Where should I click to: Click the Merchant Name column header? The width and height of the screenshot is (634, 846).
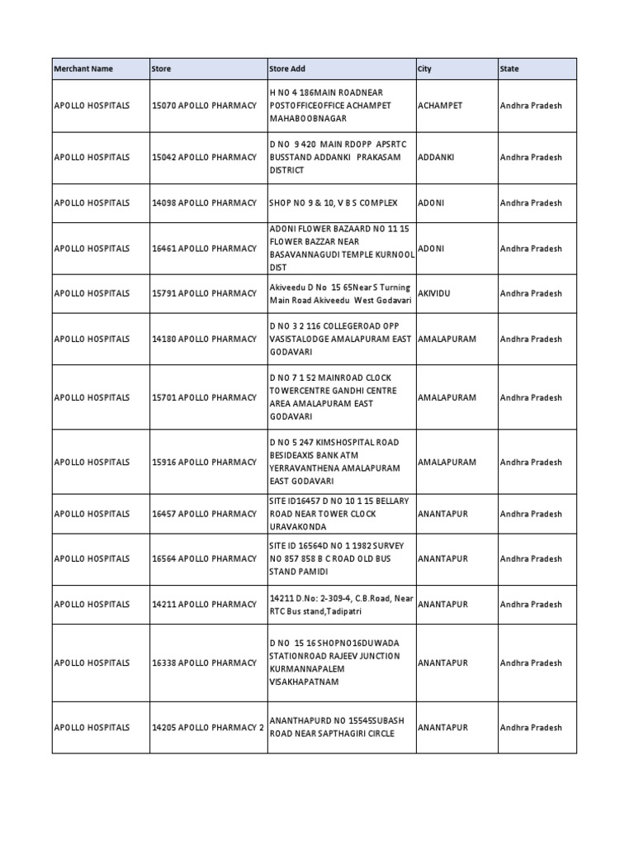click(83, 69)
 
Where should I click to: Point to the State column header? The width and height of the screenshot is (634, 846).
click(509, 69)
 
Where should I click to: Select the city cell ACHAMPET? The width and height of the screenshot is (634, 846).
click(441, 106)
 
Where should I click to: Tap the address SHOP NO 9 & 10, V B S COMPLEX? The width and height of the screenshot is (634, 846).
click(334, 202)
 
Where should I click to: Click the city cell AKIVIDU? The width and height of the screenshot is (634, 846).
click(437, 293)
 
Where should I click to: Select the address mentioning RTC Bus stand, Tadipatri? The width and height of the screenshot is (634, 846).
click(340, 605)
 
